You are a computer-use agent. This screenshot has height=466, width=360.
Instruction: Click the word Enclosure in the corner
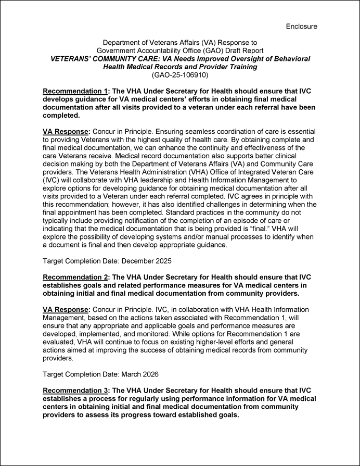point(301,26)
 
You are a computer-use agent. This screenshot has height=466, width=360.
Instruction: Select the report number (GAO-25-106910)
point(179,75)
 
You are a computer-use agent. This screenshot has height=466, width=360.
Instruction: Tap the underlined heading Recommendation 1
point(75,91)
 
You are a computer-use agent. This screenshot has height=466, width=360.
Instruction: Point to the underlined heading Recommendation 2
point(75,276)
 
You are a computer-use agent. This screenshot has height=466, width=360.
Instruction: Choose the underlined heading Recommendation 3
point(75,391)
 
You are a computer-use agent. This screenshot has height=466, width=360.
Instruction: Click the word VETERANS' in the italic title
point(73,59)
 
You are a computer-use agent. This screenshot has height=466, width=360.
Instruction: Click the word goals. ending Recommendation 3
point(223,415)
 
